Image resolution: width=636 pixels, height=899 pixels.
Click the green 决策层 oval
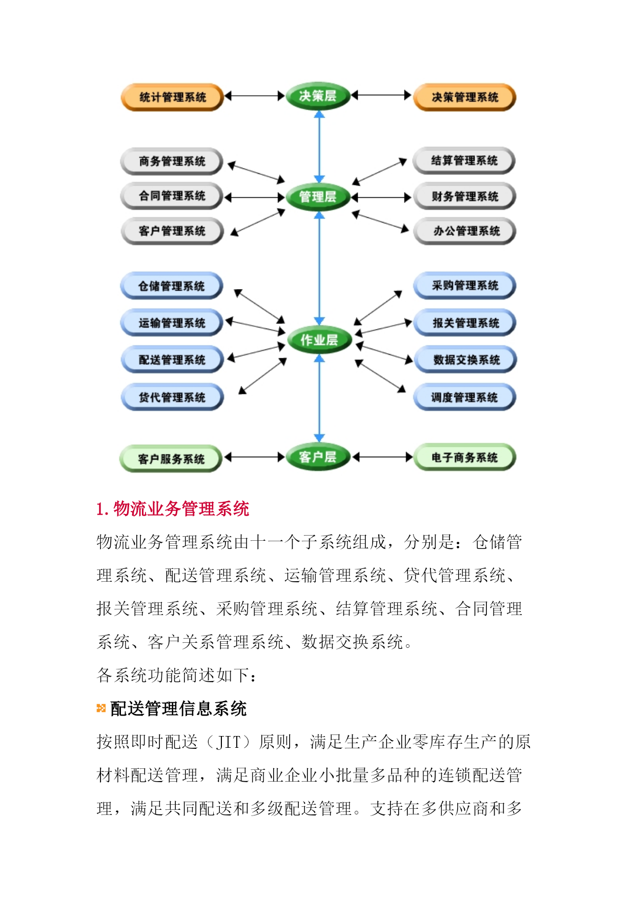point(318,96)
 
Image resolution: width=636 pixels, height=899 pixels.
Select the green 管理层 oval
point(318,197)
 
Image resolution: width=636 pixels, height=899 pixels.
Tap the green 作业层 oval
point(319,340)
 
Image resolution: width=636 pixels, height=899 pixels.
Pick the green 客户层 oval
point(318,457)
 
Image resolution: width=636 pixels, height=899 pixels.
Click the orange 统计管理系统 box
point(172,97)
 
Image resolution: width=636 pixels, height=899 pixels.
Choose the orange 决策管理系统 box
point(464,97)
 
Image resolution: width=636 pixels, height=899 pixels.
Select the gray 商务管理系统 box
point(172,161)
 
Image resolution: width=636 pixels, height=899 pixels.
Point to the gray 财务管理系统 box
point(464,196)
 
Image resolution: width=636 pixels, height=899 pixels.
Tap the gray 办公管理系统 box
point(464,231)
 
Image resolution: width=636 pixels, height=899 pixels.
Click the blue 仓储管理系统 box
point(172,286)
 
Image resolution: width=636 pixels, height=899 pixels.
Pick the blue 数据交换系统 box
point(465,360)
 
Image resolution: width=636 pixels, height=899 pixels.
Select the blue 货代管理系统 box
point(172,397)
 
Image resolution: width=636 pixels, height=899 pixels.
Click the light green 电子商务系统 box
point(464,457)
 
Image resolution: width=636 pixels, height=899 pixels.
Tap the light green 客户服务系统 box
point(171,459)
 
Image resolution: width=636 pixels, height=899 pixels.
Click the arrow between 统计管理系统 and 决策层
point(255,96)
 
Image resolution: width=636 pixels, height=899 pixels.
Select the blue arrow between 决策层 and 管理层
point(319,147)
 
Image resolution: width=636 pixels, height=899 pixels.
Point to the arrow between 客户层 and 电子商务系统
point(382,457)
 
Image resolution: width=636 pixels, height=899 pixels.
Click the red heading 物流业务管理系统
point(173,509)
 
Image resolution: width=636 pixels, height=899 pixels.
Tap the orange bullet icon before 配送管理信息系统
point(101,708)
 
